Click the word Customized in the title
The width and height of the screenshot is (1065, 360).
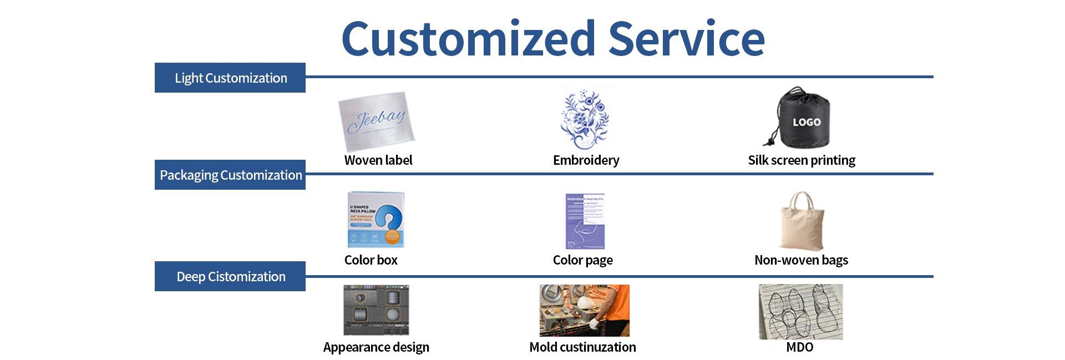[468, 39]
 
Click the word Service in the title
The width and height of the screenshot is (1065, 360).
[686, 39]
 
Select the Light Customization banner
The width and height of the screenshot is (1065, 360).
[230, 78]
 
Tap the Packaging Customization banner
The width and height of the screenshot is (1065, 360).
[230, 175]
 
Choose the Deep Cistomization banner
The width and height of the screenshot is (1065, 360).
[230, 276]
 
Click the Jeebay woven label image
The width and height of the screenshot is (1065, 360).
[377, 121]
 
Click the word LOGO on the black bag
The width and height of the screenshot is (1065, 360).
[806, 122]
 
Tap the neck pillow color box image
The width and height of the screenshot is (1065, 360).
[376, 220]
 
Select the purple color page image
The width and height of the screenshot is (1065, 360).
[585, 221]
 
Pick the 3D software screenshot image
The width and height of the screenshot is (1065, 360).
[376, 310]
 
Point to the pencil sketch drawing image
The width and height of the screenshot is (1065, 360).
[800, 311]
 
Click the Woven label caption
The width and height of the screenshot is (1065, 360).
[378, 160]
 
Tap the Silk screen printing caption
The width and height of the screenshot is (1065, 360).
[802, 160]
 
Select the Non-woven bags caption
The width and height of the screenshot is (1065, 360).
[801, 260]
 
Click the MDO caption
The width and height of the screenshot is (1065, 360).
[800, 347]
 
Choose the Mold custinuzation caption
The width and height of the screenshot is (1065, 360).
[582, 347]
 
